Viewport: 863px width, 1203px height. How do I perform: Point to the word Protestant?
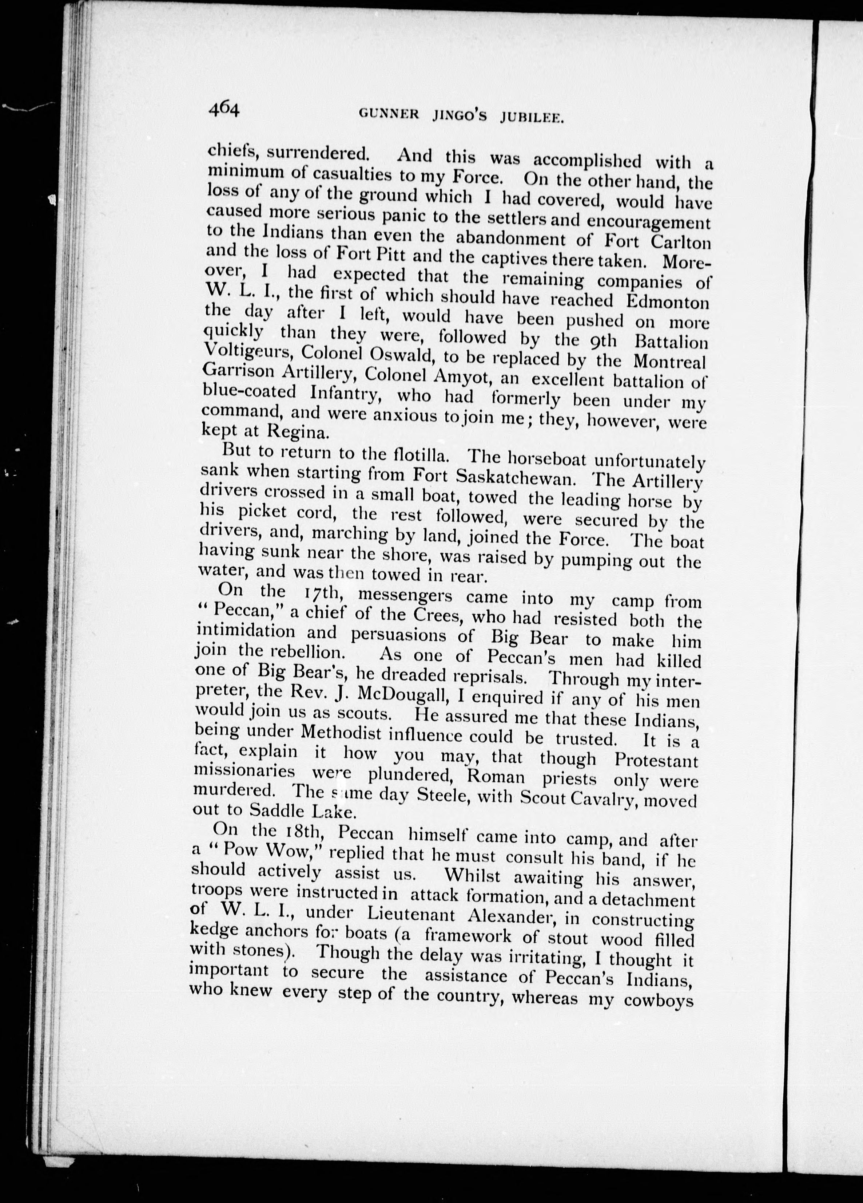coord(656,760)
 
